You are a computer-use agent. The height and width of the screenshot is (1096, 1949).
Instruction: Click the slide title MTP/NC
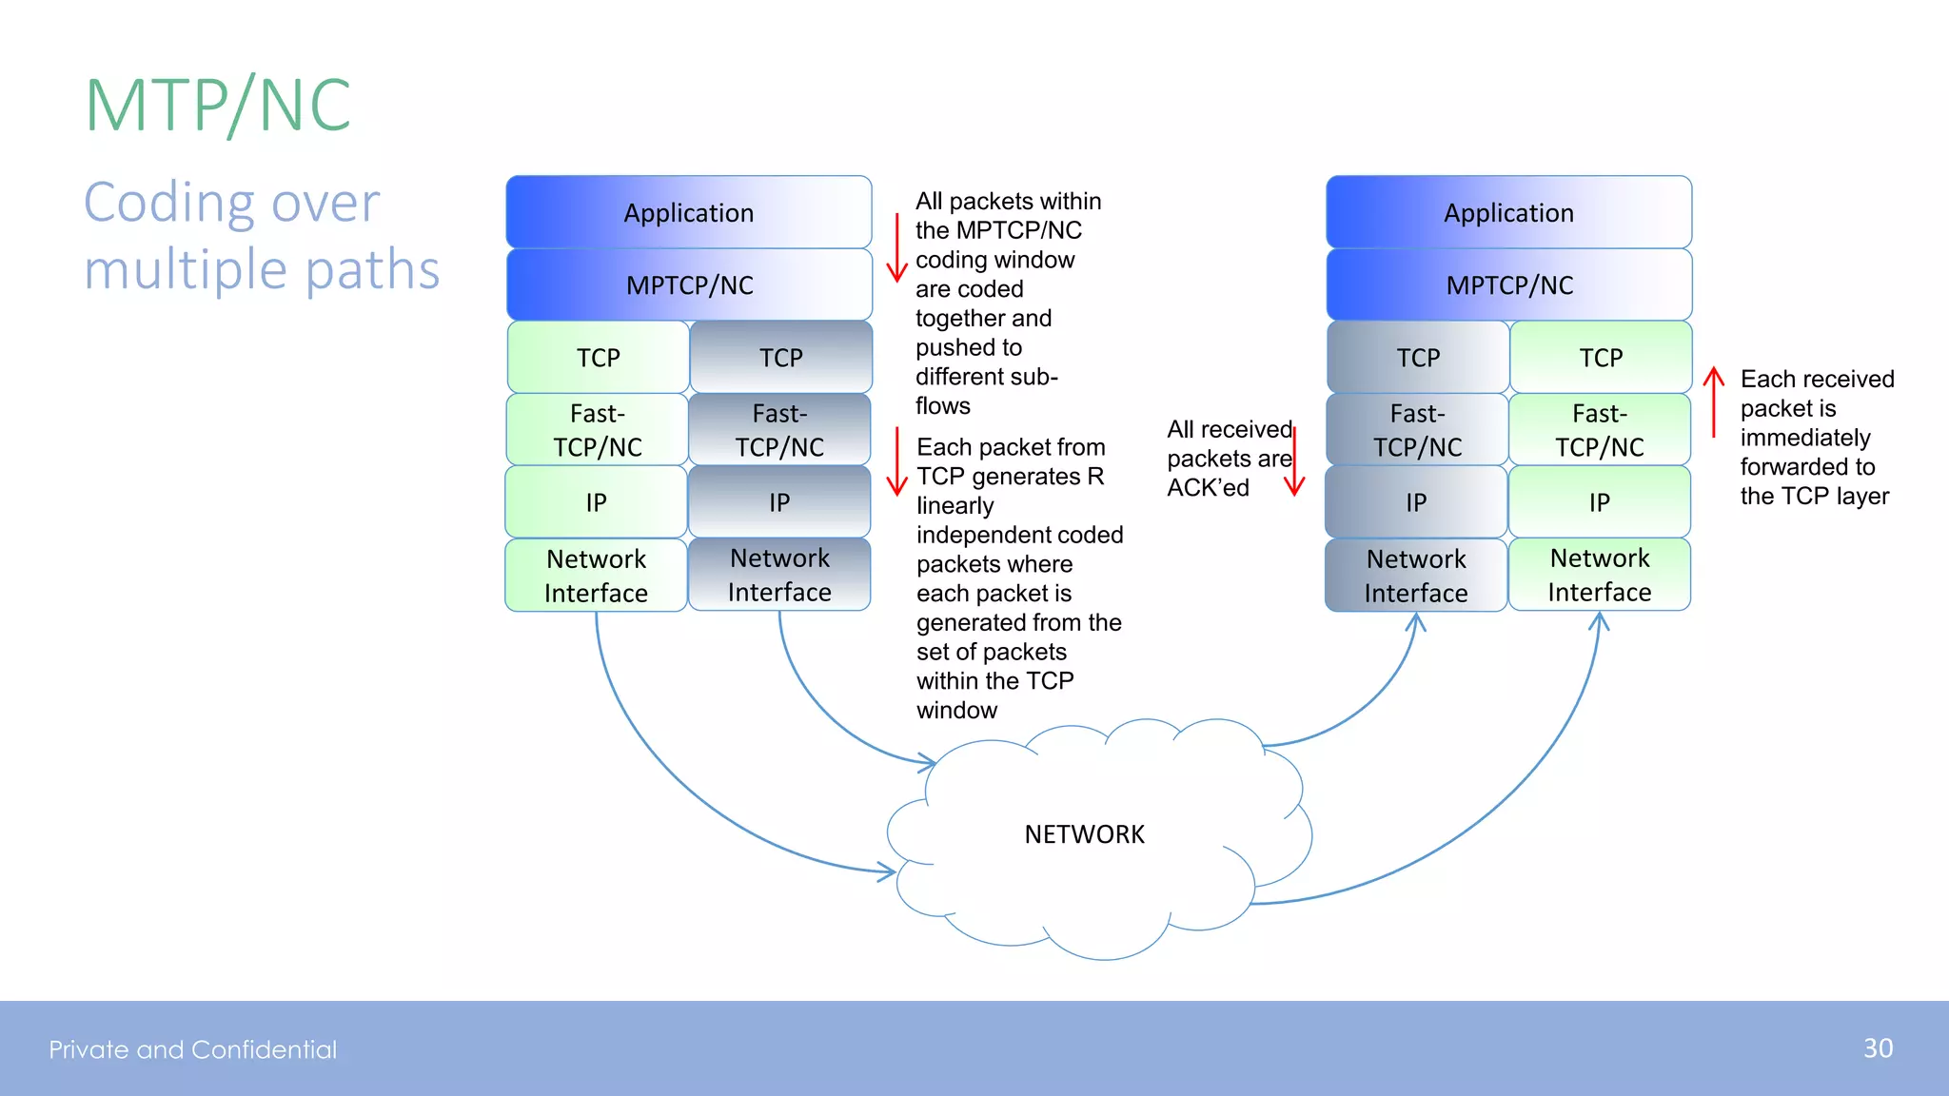218,105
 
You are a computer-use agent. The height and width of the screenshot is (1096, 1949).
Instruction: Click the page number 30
1878,1048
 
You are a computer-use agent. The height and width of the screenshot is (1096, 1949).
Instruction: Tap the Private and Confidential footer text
193,1049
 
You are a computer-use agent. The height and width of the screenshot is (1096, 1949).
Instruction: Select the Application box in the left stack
688,212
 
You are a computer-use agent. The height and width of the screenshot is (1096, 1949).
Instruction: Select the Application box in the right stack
1508,212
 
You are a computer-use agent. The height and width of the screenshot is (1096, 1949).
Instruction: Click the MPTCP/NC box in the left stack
689,284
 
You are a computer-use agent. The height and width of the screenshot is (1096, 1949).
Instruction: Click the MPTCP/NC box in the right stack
1509,284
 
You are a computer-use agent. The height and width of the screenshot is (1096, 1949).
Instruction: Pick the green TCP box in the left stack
598,358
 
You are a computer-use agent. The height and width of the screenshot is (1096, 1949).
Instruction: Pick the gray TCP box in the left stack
780,358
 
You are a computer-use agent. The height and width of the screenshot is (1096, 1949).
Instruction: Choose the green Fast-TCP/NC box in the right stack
1600,430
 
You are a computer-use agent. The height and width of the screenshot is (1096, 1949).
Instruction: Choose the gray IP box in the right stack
1416,502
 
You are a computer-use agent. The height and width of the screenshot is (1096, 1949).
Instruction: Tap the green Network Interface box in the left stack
596,576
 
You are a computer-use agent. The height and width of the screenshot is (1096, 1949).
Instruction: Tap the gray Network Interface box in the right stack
1416,576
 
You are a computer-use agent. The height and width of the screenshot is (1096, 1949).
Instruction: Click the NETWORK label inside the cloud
1084,834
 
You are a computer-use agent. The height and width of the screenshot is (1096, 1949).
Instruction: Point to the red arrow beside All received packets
1294,462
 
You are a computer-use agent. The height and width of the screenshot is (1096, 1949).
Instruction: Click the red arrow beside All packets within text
896,247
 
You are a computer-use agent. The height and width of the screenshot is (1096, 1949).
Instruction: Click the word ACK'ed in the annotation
1208,488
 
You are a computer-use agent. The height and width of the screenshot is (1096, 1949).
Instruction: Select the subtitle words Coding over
231,203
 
